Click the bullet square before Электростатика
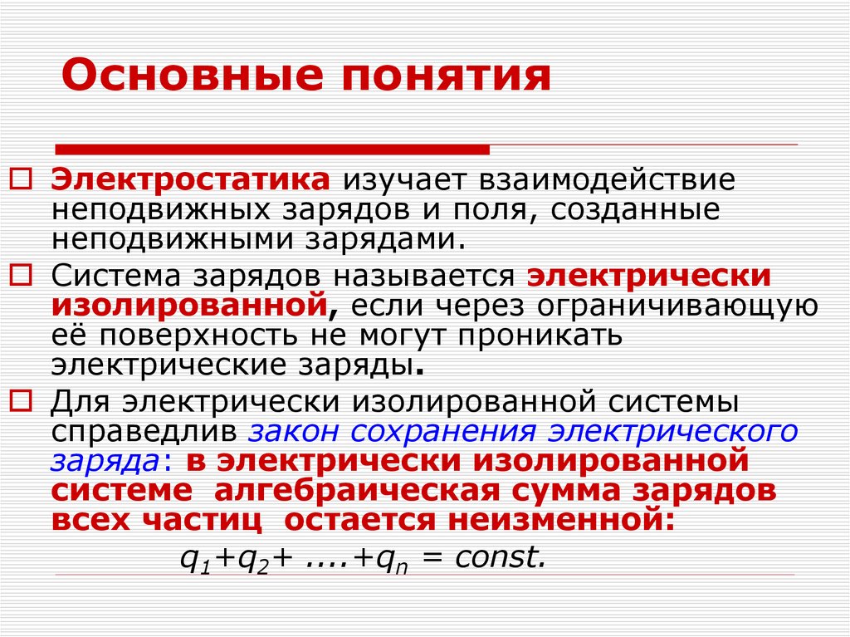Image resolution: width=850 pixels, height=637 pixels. pos(23,179)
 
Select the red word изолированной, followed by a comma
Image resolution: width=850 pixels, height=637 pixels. pos(188,304)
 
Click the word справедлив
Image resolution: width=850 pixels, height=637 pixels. pos(144,432)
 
